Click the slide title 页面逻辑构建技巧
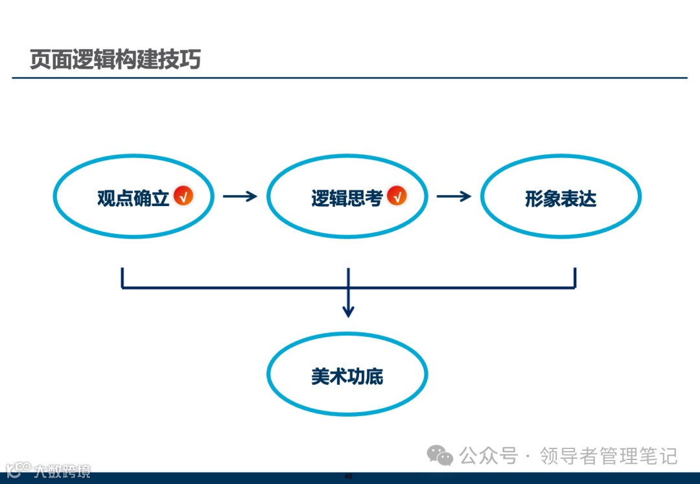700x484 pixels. click(x=115, y=60)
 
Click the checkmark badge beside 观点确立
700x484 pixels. click(x=183, y=196)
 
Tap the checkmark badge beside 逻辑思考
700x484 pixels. click(x=397, y=196)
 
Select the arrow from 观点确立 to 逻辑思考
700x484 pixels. click(x=240, y=196)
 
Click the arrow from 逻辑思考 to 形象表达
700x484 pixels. click(x=454, y=196)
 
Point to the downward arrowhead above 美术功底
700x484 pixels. click(x=349, y=312)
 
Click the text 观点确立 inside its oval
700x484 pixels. click(x=133, y=198)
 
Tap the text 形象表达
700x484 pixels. click(x=561, y=198)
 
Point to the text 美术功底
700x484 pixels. click(x=347, y=376)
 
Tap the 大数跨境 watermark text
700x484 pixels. click(x=62, y=471)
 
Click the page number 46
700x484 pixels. click(x=349, y=477)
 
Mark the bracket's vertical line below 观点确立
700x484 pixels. click(x=122, y=277)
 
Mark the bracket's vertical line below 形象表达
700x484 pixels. click(x=575, y=277)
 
